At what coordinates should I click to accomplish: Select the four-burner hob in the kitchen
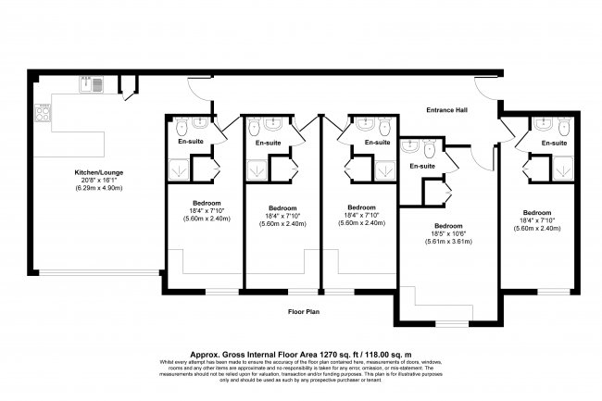[x=42, y=114]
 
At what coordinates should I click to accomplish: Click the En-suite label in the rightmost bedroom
[x=554, y=144]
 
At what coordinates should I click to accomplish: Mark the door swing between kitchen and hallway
[x=130, y=89]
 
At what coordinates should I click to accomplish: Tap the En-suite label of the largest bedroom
[x=422, y=166]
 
